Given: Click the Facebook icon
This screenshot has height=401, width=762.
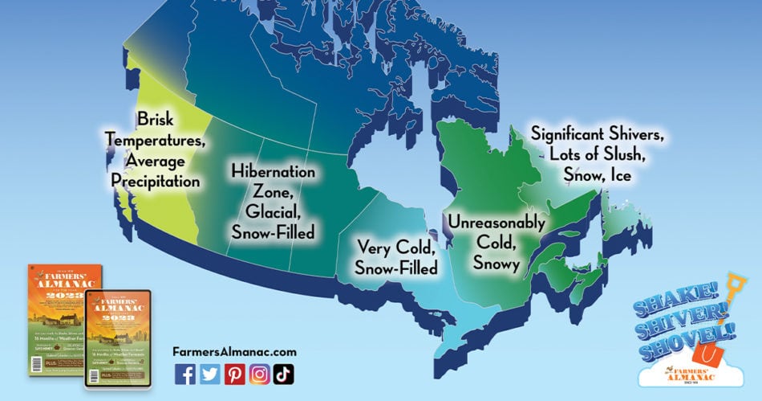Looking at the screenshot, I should pyautogui.click(x=184, y=373).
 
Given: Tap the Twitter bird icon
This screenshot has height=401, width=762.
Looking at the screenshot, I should pyautogui.click(x=209, y=373).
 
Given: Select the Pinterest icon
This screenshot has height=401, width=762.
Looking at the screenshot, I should pyautogui.click(x=234, y=373).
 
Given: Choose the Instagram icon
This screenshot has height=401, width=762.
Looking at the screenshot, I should pyautogui.click(x=259, y=373).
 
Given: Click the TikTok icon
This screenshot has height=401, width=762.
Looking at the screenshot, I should pyautogui.click(x=283, y=373).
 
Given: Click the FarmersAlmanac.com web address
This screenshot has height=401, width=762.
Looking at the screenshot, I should pyautogui.click(x=234, y=351).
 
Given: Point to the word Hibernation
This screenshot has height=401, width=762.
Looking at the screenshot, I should pyautogui.click(x=274, y=172).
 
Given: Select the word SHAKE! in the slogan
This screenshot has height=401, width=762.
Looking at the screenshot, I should pyautogui.click(x=660, y=303).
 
